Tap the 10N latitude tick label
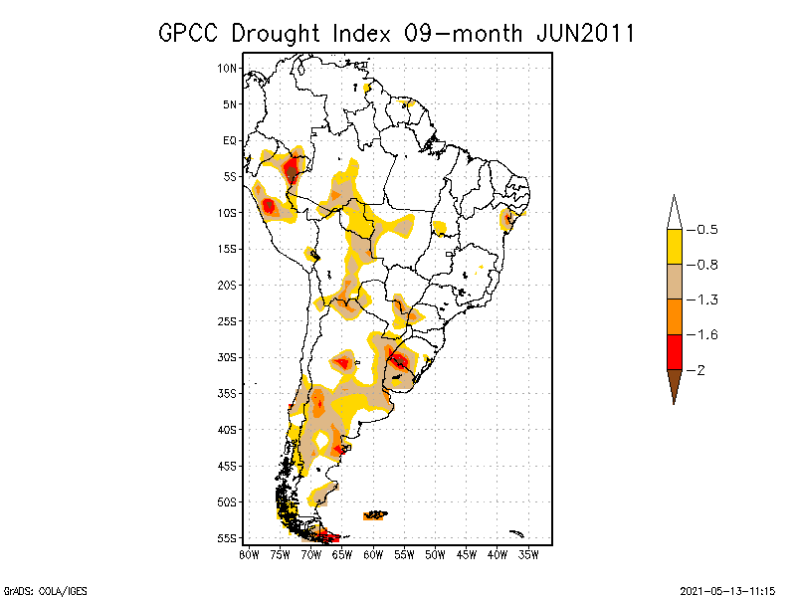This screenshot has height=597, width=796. point(228,68)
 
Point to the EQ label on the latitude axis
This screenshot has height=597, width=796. point(230,140)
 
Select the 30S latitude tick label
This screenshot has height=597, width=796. point(228,357)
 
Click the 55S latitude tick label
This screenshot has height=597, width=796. point(228,538)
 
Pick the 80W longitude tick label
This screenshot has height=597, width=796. point(249,554)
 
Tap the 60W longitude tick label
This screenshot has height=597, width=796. point(373,554)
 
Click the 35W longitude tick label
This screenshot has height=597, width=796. point(528,554)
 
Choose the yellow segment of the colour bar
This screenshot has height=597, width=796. point(675,247)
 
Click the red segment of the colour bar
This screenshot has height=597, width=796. point(675,351)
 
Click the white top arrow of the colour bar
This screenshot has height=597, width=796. point(675,212)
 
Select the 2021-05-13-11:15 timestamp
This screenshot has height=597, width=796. point(727,589)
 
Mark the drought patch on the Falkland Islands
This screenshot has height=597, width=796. point(375,515)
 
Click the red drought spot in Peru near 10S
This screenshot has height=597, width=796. point(269,206)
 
